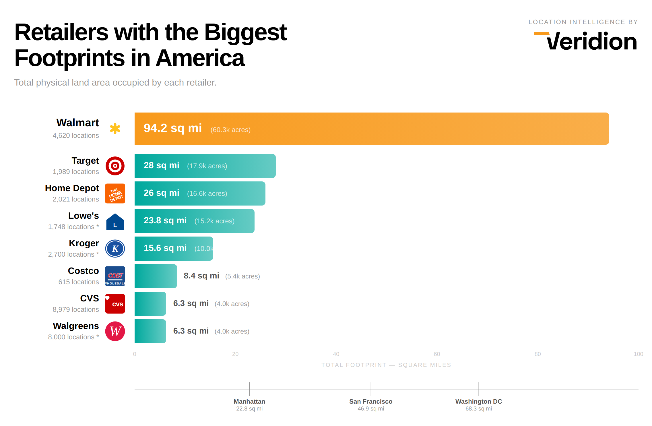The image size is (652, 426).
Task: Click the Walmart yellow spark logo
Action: [x=115, y=129]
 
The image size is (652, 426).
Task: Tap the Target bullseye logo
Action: [x=115, y=166]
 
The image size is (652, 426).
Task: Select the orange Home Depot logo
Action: [x=115, y=193]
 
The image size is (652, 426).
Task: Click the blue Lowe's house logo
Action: [x=115, y=222]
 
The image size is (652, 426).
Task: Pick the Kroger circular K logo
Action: [x=115, y=249]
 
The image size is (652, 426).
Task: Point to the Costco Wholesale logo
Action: [x=115, y=276]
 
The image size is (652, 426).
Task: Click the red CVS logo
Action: [x=115, y=304]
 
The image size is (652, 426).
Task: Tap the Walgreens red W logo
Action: [x=115, y=331]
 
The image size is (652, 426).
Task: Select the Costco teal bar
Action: [x=156, y=276]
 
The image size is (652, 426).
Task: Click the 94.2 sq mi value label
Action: [x=173, y=128]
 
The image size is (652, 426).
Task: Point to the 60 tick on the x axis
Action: [x=437, y=354]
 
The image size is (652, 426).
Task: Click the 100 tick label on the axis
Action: [x=638, y=354]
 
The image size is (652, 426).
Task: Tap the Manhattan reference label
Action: [x=249, y=402]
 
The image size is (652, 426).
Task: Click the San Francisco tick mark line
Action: [x=371, y=389]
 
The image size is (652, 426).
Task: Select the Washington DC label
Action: [x=479, y=402]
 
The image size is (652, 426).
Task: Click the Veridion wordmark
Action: [x=591, y=42]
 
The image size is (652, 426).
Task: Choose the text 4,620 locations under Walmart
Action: [x=76, y=135]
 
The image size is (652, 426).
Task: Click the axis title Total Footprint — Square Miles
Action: [x=386, y=365]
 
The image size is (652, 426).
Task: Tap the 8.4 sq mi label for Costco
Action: [x=201, y=276]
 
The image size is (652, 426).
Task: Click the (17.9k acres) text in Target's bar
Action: [x=207, y=166]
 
